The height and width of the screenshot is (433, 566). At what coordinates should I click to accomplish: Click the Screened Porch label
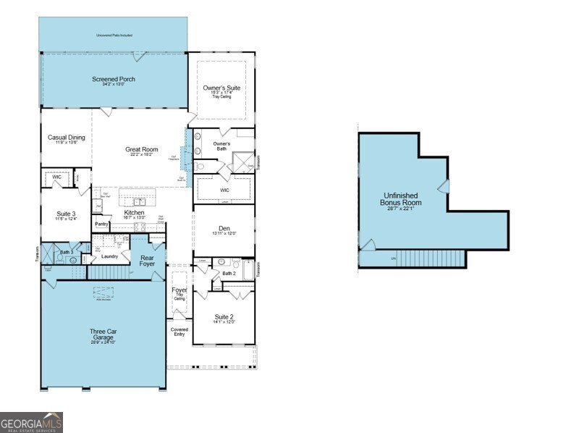pyautogui.click(x=113, y=79)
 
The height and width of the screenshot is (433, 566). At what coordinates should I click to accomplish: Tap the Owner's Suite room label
pyautogui.click(x=221, y=88)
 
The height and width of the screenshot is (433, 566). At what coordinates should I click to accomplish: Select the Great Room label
pyautogui.click(x=141, y=149)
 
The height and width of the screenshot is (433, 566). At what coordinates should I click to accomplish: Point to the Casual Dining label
pyautogui.click(x=67, y=137)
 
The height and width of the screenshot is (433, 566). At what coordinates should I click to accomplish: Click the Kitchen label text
pyautogui.click(x=134, y=213)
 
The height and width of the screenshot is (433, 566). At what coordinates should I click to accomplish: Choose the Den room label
pyautogui.click(x=223, y=228)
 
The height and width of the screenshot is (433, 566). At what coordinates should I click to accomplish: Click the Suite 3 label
pyautogui.click(x=67, y=214)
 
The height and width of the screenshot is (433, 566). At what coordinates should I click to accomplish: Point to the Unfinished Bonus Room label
pyautogui.click(x=402, y=199)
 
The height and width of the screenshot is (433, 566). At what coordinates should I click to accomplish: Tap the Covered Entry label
pyautogui.click(x=179, y=332)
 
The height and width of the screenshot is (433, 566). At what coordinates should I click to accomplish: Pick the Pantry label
pyautogui.click(x=102, y=225)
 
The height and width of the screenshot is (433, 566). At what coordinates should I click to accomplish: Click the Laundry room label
pyautogui.click(x=109, y=256)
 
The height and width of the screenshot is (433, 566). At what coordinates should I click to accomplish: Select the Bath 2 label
pyautogui.click(x=229, y=273)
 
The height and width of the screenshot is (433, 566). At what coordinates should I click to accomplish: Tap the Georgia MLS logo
pyautogui.click(x=31, y=422)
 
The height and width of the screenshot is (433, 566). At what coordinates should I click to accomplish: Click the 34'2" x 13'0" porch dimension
pyautogui.click(x=113, y=85)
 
